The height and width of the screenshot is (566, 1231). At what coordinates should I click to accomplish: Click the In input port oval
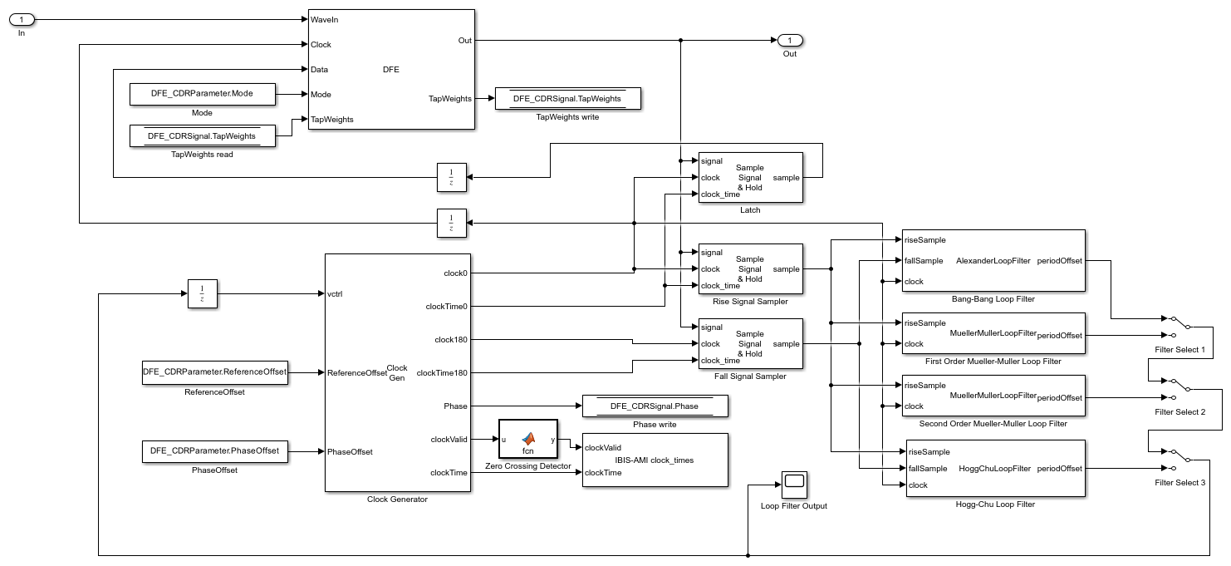[x=22, y=19]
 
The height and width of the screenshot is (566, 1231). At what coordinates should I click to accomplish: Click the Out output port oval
[x=790, y=40]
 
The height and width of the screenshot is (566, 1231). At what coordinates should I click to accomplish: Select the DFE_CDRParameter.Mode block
[x=202, y=94]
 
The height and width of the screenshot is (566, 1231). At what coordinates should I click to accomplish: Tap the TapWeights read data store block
[x=202, y=135]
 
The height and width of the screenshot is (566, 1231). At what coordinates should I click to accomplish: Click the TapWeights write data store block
[x=567, y=99]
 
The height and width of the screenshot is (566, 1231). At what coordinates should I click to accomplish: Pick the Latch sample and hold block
[x=750, y=177]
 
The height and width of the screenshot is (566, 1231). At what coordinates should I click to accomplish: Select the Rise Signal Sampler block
[x=750, y=268]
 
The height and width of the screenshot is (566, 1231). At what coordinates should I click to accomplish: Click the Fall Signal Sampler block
[x=750, y=343]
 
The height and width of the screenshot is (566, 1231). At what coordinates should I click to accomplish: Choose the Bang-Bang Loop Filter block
[x=993, y=260]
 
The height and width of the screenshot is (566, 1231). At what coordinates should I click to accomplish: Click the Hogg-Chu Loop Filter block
[x=993, y=468]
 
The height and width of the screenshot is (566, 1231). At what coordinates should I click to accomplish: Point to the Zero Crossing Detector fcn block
[x=527, y=439]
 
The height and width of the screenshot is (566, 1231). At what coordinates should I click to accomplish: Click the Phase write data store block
[x=655, y=406]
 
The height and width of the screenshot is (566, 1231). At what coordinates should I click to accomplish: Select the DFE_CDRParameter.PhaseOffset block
[x=216, y=451]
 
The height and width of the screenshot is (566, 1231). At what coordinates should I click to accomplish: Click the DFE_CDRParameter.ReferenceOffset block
[x=216, y=372]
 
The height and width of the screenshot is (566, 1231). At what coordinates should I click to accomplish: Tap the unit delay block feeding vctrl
[x=202, y=293]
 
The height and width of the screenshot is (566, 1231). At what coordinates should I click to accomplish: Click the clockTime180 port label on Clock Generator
[x=441, y=372]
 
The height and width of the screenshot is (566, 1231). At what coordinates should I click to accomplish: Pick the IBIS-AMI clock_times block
[x=655, y=460]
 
